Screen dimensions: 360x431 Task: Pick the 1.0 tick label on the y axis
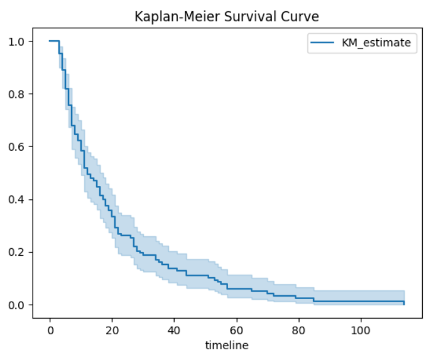[x=18, y=41]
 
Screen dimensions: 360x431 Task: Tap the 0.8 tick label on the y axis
[x=18, y=94]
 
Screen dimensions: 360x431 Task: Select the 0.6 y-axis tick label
[x=18, y=147]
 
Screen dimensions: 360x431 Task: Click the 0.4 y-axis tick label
[x=18, y=200]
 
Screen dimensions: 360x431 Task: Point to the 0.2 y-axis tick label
[x=18, y=253]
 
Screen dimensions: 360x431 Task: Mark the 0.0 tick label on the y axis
[x=18, y=305]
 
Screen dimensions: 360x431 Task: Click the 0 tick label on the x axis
[x=50, y=330]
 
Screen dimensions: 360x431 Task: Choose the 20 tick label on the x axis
[x=112, y=330]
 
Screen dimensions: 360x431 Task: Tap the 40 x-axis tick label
[x=174, y=330]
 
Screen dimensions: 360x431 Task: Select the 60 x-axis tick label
[x=236, y=330]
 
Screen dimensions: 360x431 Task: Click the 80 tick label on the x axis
[x=298, y=330]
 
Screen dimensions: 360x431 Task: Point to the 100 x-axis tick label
[x=361, y=330]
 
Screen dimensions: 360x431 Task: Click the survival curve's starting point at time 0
[x=50, y=41]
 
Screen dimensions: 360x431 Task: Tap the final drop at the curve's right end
[x=404, y=303]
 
